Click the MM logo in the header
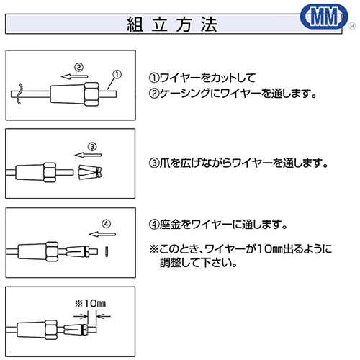tap(324, 17)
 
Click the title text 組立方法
tap(172, 24)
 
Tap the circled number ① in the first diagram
tap(117, 74)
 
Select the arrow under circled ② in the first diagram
tap(75, 77)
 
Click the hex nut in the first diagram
tap(91, 94)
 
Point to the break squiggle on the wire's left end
tap(19, 94)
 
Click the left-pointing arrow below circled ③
tap(88, 155)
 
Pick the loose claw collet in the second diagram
tap(90, 172)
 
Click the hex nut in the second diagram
tap(50, 172)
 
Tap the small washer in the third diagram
tap(107, 251)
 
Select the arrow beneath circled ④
tap(102, 234)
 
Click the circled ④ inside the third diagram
tap(107, 224)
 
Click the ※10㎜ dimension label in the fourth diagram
tap(90, 303)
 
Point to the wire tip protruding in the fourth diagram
tap(92, 329)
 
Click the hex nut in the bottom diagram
tap(51, 330)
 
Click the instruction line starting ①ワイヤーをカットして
tap(202, 78)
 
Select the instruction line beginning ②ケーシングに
tap(233, 94)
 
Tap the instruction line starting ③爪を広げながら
tap(238, 163)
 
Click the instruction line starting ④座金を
tap(218, 225)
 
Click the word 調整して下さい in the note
tap(199, 263)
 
